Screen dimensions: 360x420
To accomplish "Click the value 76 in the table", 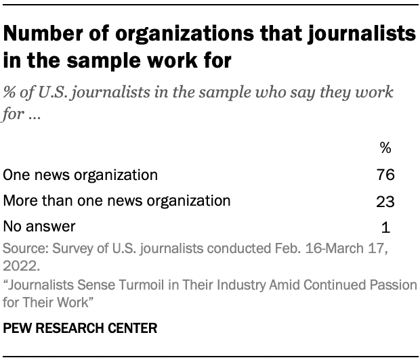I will pyautogui.click(x=385, y=175).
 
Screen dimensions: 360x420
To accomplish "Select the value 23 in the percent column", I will pyautogui.click(x=385, y=201).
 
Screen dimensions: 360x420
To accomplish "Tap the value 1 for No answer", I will pyautogui.click(x=385, y=227).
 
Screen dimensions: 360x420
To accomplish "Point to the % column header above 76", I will pyautogui.click(x=385, y=148).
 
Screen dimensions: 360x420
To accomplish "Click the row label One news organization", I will pyautogui.click(x=81, y=175).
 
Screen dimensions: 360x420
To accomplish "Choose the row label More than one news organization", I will pyautogui.click(x=117, y=201).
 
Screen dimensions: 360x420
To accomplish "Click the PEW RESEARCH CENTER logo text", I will pyautogui.click(x=81, y=330).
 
